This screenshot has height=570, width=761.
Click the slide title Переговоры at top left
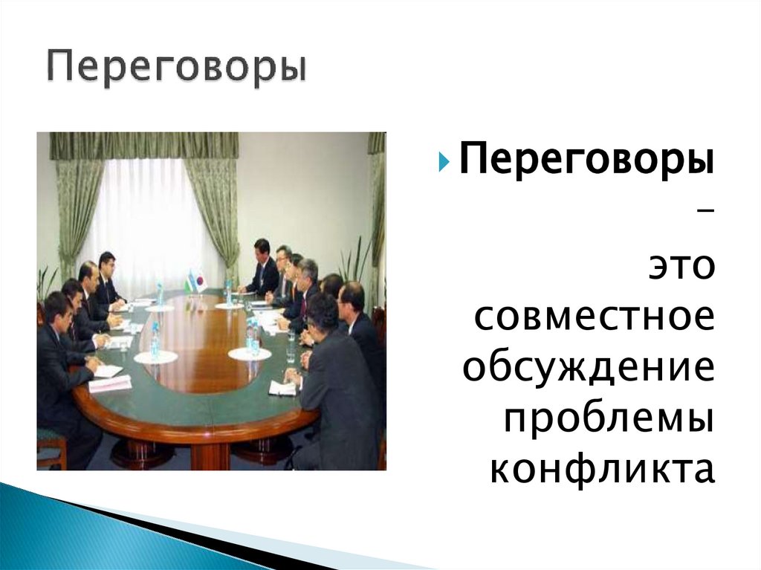pos(177,67)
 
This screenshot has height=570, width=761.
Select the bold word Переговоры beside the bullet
pos(587,158)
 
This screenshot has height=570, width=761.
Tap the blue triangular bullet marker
pos(444,161)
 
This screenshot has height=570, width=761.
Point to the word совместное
pos(594,317)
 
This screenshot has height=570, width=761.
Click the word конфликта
pos(603,469)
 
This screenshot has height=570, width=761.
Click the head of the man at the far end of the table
pos(262,247)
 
